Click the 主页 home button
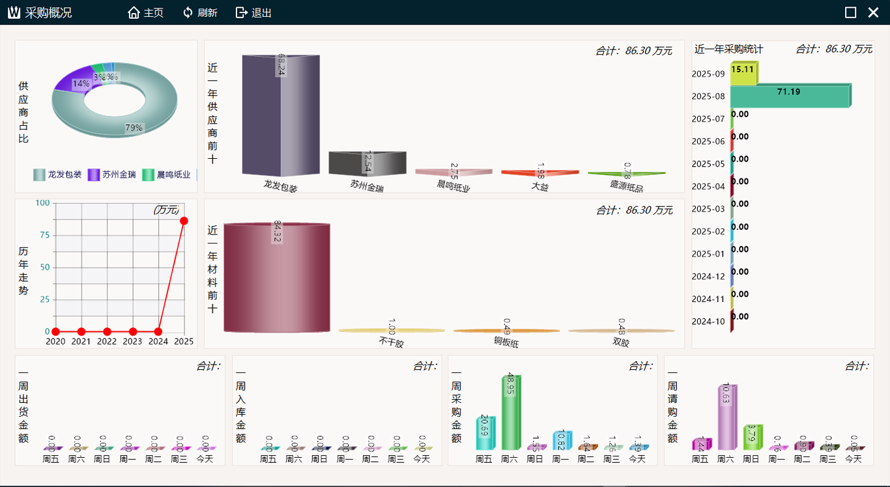pos(145,12)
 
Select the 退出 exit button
pos(253,12)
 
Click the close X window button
pos(873,12)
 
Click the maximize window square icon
pos(850,12)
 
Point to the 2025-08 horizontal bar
pos(790,96)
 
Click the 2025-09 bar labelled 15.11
pos(743,74)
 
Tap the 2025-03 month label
pos(708,209)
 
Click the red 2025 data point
pos(184,221)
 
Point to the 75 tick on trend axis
pos(44,235)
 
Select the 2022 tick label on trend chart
pos(107,341)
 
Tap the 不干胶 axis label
pos(391,342)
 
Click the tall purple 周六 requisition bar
pos(726,417)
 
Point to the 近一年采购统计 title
pos(728,49)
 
